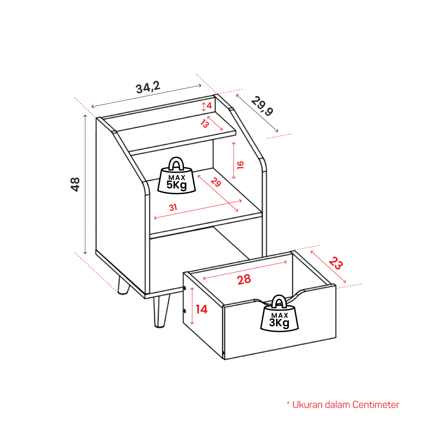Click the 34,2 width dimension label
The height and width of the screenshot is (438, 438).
click(x=148, y=87)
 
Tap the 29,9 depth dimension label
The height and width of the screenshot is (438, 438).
click(x=262, y=106)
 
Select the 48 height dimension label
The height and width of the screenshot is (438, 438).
click(x=75, y=184)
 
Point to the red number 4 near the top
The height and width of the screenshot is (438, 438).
click(x=209, y=106)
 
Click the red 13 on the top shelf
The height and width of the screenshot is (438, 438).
click(x=205, y=123)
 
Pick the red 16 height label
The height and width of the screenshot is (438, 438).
click(x=240, y=165)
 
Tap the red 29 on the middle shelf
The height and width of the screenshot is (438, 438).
click(x=216, y=182)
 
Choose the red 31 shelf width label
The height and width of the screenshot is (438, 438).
click(x=173, y=207)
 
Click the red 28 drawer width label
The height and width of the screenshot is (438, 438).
click(x=244, y=279)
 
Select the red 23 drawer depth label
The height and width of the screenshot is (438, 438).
click(x=335, y=263)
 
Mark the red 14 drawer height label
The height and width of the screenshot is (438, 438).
click(x=201, y=309)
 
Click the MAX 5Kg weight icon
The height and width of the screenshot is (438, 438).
click(x=177, y=175)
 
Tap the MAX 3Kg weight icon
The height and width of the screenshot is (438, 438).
click(x=279, y=314)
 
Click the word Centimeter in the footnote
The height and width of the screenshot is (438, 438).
click(x=376, y=404)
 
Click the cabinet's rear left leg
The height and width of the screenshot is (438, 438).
click(x=123, y=285)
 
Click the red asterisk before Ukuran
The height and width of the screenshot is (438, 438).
click(x=288, y=403)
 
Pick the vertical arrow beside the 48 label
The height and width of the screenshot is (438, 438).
click(x=85, y=184)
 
